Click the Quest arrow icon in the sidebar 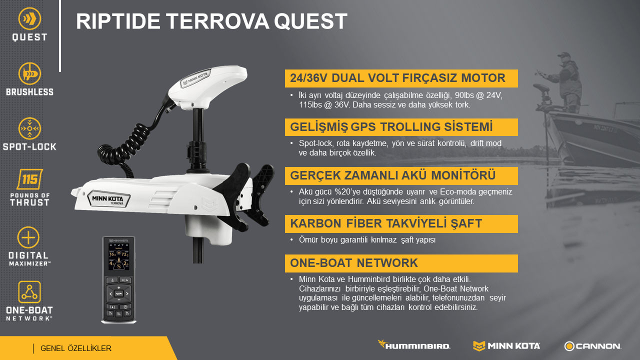pos(29,18)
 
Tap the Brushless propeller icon pos(29,73)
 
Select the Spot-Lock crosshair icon pos(29,128)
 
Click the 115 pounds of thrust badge pos(29,179)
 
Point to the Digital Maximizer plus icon pos(28,237)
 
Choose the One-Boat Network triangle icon pos(29,291)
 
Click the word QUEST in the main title pos(310,21)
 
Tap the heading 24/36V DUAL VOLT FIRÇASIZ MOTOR pos(397,78)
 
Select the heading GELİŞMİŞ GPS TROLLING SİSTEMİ pos(391,127)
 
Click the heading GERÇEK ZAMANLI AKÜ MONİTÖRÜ pos(392,175)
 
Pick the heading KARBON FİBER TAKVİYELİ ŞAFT pos(386,223)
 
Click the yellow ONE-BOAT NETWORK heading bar pos(401,263)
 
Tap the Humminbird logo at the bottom pos(414,345)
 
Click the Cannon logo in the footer pos(592,346)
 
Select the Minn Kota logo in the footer pos(506,346)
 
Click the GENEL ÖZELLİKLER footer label pos(76,348)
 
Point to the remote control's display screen pos(118,257)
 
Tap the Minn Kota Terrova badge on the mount pos(109,199)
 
